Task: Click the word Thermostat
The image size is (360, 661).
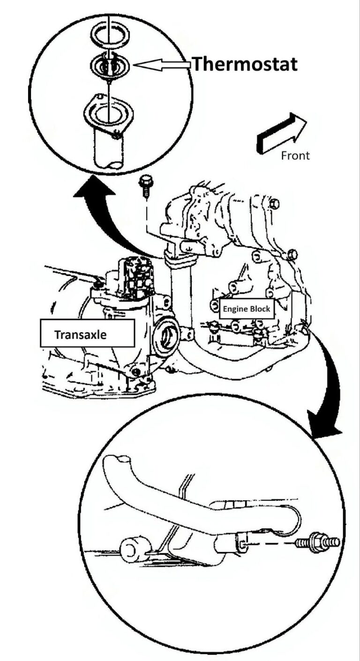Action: coord(245,64)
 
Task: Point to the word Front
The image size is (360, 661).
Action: coord(295,156)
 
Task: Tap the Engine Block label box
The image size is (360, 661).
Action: coord(246,309)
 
